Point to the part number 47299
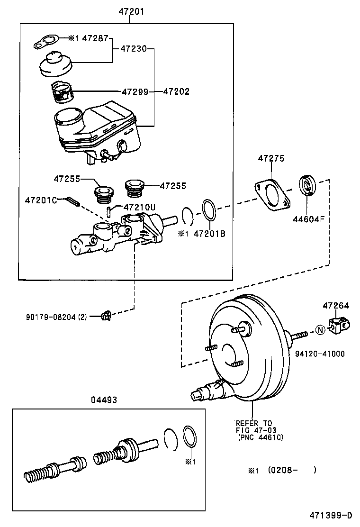135,91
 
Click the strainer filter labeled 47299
60,91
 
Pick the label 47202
176,91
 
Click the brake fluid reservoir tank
97,128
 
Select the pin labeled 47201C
72,201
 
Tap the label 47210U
140,207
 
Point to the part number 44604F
308,219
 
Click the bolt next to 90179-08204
107,315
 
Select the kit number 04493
104,400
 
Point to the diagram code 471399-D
332,515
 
